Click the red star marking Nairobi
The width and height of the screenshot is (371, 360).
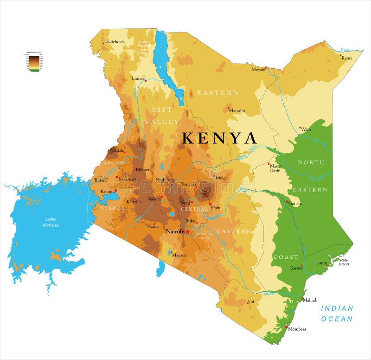coord(188,231)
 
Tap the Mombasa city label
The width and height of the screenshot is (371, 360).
coord(297,329)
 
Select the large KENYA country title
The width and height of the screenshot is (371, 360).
coord(219,138)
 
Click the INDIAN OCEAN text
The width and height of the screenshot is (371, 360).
coord(337,314)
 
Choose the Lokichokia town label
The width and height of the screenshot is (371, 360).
coord(114,42)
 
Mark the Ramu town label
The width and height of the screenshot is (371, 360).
coord(347,58)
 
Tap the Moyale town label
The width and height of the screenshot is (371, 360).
coord(258,70)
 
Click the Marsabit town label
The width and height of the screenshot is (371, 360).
coord(237,110)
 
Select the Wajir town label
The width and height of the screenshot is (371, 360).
coord(306,129)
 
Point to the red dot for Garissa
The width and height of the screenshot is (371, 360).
coord(287,201)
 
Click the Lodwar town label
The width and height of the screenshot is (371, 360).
coord(139,78)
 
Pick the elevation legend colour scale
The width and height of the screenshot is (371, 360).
coord(34,62)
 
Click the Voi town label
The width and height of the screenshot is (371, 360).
coord(251,302)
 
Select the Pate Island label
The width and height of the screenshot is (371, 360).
coord(344,262)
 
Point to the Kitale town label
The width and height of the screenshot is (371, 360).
coord(119,151)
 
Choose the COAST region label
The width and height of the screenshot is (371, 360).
coord(285,257)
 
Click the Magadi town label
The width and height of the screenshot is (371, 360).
coord(179,255)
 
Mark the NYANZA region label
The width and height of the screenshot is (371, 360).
coord(113,208)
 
